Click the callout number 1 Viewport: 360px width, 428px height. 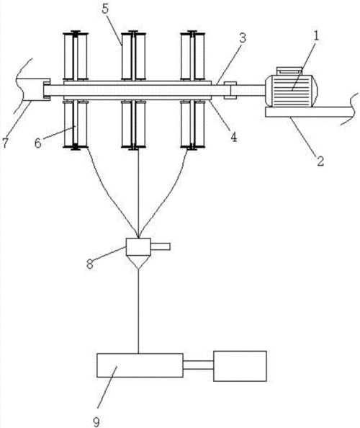[x=316, y=36]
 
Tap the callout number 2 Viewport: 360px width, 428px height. [x=320, y=161]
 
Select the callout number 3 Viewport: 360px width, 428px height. [x=243, y=38]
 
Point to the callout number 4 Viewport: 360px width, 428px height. [x=234, y=137]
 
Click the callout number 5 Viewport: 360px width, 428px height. [x=105, y=9]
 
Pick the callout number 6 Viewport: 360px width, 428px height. [x=38, y=143]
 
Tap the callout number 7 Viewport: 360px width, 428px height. [x=5, y=143]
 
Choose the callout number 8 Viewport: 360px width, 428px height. [x=90, y=264]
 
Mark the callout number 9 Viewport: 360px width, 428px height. [x=96, y=422]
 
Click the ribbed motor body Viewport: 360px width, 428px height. [x=291, y=91]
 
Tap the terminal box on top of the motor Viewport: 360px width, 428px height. [x=289, y=71]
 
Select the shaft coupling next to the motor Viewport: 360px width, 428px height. [x=230, y=90]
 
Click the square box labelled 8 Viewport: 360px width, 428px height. [x=138, y=246]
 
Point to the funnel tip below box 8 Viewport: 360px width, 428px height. [x=138, y=269]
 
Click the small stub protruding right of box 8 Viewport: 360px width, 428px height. [x=161, y=246]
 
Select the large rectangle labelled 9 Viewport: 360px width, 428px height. [x=140, y=365]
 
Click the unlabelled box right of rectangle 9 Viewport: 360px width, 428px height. [x=240, y=366]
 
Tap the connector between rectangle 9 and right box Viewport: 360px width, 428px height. [x=198, y=365]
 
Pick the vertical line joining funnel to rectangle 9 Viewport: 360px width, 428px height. [x=138, y=311]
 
